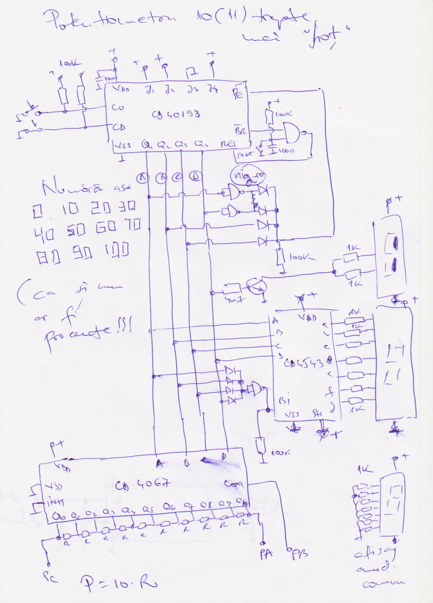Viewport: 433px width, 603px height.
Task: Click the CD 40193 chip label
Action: click(176, 114)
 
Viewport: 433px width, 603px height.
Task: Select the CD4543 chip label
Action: click(304, 363)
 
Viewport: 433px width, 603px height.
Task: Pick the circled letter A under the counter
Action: click(142, 178)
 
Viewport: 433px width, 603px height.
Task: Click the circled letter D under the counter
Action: click(196, 176)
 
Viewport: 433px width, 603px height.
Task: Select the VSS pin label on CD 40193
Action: click(122, 144)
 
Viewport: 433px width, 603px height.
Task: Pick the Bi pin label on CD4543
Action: click(284, 401)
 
